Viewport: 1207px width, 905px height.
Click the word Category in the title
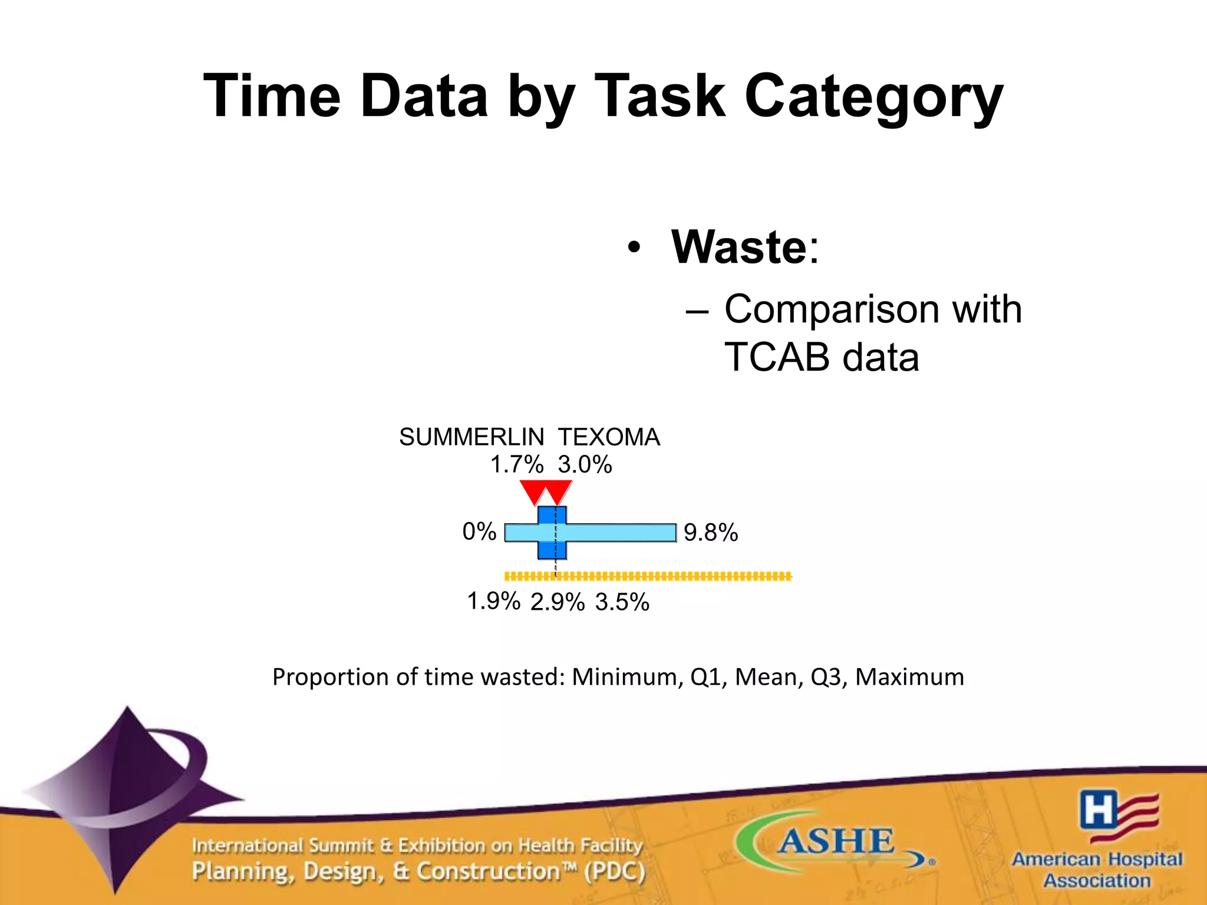pyautogui.click(x=873, y=97)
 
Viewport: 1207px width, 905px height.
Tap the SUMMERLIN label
pyautogui.click(x=471, y=437)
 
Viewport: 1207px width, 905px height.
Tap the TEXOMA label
pyautogui.click(x=609, y=437)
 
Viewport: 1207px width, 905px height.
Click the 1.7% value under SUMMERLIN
pyautogui.click(x=517, y=465)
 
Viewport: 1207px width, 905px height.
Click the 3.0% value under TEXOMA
pyautogui.click(x=585, y=465)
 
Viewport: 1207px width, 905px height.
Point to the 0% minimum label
pyautogui.click(x=479, y=531)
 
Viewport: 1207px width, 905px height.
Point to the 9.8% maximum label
pyautogui.click(x=710, y=533)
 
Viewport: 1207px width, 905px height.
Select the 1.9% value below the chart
pyautogui.click(x=493, y=602)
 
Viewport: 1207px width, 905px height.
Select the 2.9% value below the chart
pyautogui.click(x=557, y=602)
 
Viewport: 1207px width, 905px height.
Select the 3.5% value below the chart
pyautogui.click(x=622, y=602)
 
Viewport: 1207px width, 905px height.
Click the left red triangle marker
pyautogui.click(x=534, y=491)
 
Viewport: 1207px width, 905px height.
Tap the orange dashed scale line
pyautogui.click(x=648, y=576)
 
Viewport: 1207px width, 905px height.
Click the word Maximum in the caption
pyautogui.click(x=909, y=677)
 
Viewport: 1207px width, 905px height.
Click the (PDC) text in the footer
pyautogui.click(x=615, y=871)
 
